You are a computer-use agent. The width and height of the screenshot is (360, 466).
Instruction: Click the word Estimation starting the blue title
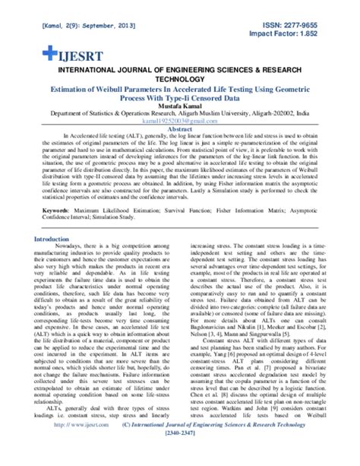[55, 88]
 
